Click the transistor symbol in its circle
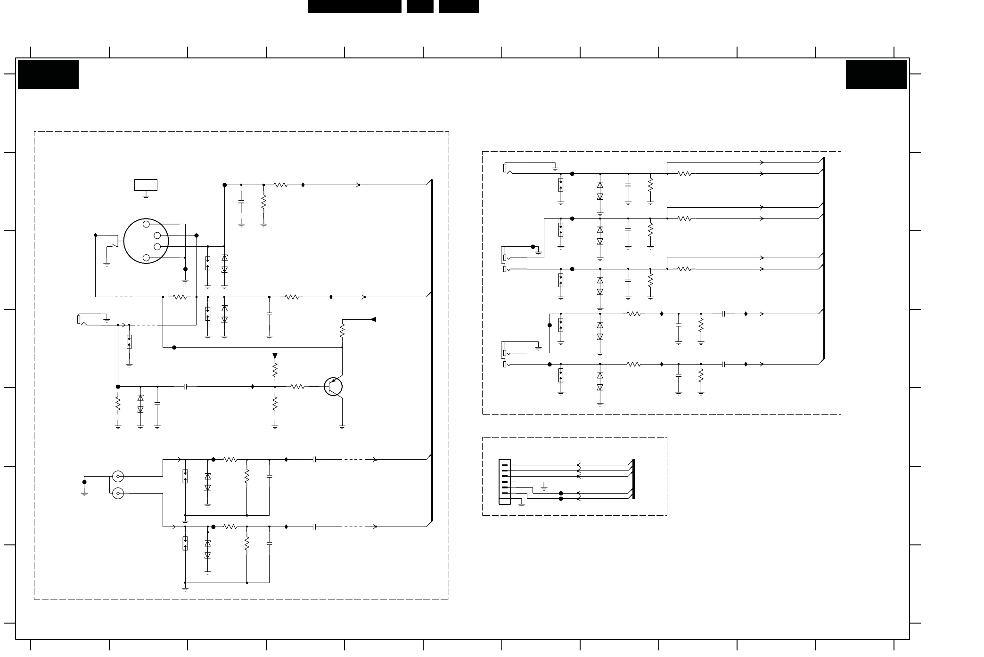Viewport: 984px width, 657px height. point(333,387)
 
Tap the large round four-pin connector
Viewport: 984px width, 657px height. point(146,241)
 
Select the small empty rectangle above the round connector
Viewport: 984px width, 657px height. point(146,185)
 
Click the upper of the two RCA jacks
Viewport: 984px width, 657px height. point(118,477)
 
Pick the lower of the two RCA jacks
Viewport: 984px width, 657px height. point(118,493)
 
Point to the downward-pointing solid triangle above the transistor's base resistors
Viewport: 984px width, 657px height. point(275,356)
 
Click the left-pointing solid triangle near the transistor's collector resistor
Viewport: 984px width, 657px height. point(373,319)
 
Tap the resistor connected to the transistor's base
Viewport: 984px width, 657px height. point(297,387)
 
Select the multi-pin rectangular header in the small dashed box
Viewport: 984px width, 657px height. point(504,482)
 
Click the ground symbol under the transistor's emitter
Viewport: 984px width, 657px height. point(342,427)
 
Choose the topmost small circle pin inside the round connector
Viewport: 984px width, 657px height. point(146,224)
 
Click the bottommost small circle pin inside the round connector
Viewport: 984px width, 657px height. point(146,258)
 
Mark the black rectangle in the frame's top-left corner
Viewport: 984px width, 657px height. point(48,74)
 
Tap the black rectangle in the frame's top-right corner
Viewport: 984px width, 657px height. point(876,74)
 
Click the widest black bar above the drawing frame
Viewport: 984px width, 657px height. point(354,6)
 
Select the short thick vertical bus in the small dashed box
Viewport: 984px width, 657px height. point(633,479)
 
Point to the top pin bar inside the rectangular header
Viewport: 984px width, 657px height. point(505,465)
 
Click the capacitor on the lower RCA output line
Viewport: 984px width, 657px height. point(314,527)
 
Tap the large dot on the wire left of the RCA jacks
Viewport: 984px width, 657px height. point(84,482)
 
